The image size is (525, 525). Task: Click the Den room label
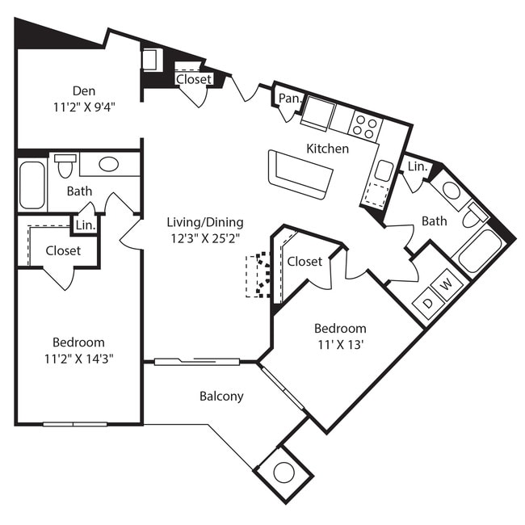(x=84, y=90)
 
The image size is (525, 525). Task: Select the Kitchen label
(x=327, y=149)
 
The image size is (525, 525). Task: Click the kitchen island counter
(x=300, y=173)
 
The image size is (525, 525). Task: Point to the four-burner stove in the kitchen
(x=366, y=126)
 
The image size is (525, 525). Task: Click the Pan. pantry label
(x=289, y=99)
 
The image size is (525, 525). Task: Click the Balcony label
(x=221, y=397)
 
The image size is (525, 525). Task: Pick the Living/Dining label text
(x=205, y=222)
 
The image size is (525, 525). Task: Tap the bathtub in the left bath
(x=32, y=185)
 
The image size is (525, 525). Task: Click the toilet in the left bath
(x=65, y=166)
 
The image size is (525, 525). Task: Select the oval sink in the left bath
(x=108, y=164)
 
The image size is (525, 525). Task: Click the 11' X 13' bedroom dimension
(x=339, y=345)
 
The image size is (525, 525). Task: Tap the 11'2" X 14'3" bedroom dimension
(x=78, y=359)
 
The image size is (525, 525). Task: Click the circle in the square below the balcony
(x=283, y=472)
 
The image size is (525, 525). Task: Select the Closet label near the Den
(x=194, y=79)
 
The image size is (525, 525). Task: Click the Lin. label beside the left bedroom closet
(x=85, y=226)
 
